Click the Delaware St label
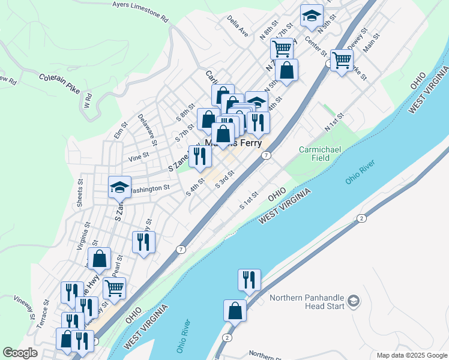click(x=147, y=130)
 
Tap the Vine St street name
click(x=139, y=159)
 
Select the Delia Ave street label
click(x=238, y=26)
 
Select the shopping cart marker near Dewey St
click(x=342, y=60)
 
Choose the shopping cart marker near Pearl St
click(x=114, y=287)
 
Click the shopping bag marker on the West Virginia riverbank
click(x=235, y=311)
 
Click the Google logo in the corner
click(x=20, y=353)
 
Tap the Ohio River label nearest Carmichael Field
click(x=360, y=172)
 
